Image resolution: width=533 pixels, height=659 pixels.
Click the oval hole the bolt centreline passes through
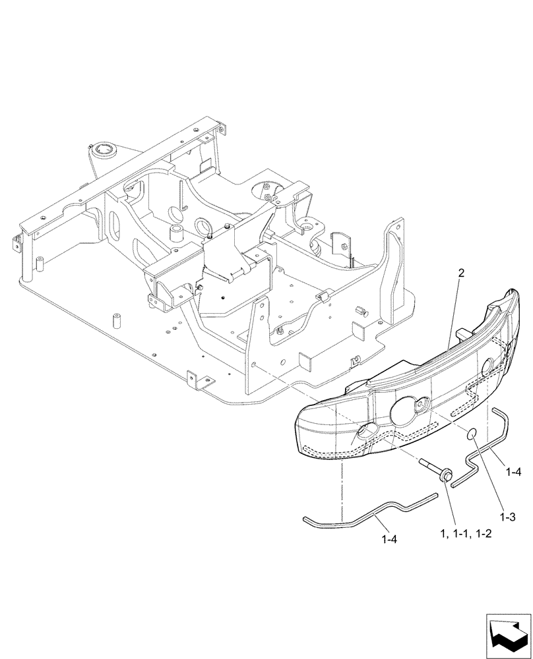pyautogui.click(x=365, y=433)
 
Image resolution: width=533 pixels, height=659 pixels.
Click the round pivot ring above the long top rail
pyautogui.click(x=105, y=151)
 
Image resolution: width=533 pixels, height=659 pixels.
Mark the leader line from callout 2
pyautogui.click(x=455, y=310)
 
